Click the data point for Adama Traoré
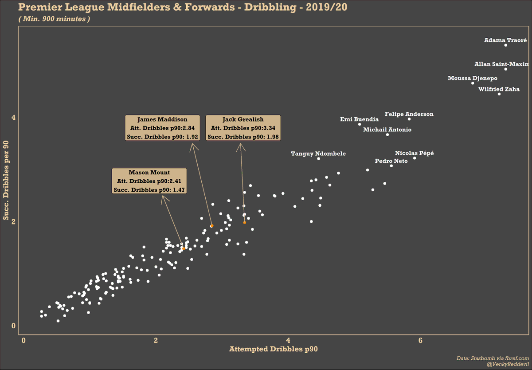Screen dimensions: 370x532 [505, 45]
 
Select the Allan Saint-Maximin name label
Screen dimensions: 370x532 [501, 64]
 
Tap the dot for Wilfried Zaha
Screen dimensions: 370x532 [499, 94]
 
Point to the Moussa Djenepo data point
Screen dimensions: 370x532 [473, 83]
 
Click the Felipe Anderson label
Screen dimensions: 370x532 [409, 114]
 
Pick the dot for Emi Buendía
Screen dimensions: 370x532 [360, 124]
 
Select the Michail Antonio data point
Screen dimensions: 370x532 [387, 134]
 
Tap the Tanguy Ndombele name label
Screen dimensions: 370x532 [318, 154]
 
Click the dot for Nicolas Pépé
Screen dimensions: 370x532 [415, 158]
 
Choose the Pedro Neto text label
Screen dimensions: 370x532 [391, 161]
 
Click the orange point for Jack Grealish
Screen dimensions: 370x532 [244, 222]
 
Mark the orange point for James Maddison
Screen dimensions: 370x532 [212, 226]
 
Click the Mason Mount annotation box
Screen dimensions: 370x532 [149, 181]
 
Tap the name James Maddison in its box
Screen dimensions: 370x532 [162, 119]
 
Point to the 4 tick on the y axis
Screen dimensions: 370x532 [14, 118]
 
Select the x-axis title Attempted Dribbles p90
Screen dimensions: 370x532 [273, 349]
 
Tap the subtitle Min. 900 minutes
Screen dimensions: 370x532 [54, 19]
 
